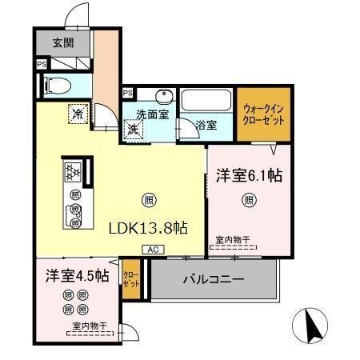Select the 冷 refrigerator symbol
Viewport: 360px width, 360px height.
78,114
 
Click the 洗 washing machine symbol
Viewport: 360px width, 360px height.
134,126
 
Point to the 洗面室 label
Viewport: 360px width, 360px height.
150,115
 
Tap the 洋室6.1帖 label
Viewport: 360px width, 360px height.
248,174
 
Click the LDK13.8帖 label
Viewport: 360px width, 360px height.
148,227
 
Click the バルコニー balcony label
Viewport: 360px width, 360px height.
213,280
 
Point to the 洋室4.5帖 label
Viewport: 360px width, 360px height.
76,277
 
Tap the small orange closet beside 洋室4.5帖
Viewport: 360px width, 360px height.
130,280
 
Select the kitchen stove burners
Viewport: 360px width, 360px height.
73,172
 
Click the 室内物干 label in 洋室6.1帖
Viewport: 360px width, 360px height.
233,239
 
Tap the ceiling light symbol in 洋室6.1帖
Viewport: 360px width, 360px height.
249,200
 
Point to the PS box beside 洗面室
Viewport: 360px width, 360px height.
127,94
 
